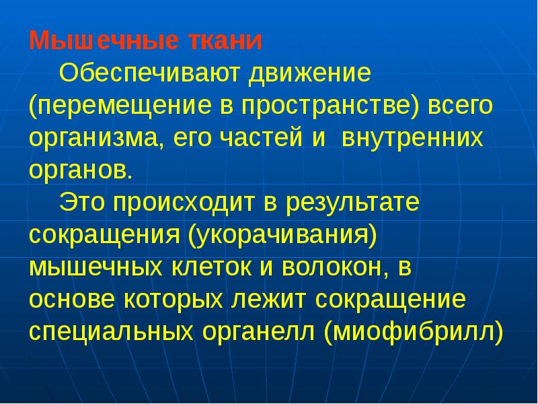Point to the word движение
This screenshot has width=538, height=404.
tap(307, 73)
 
